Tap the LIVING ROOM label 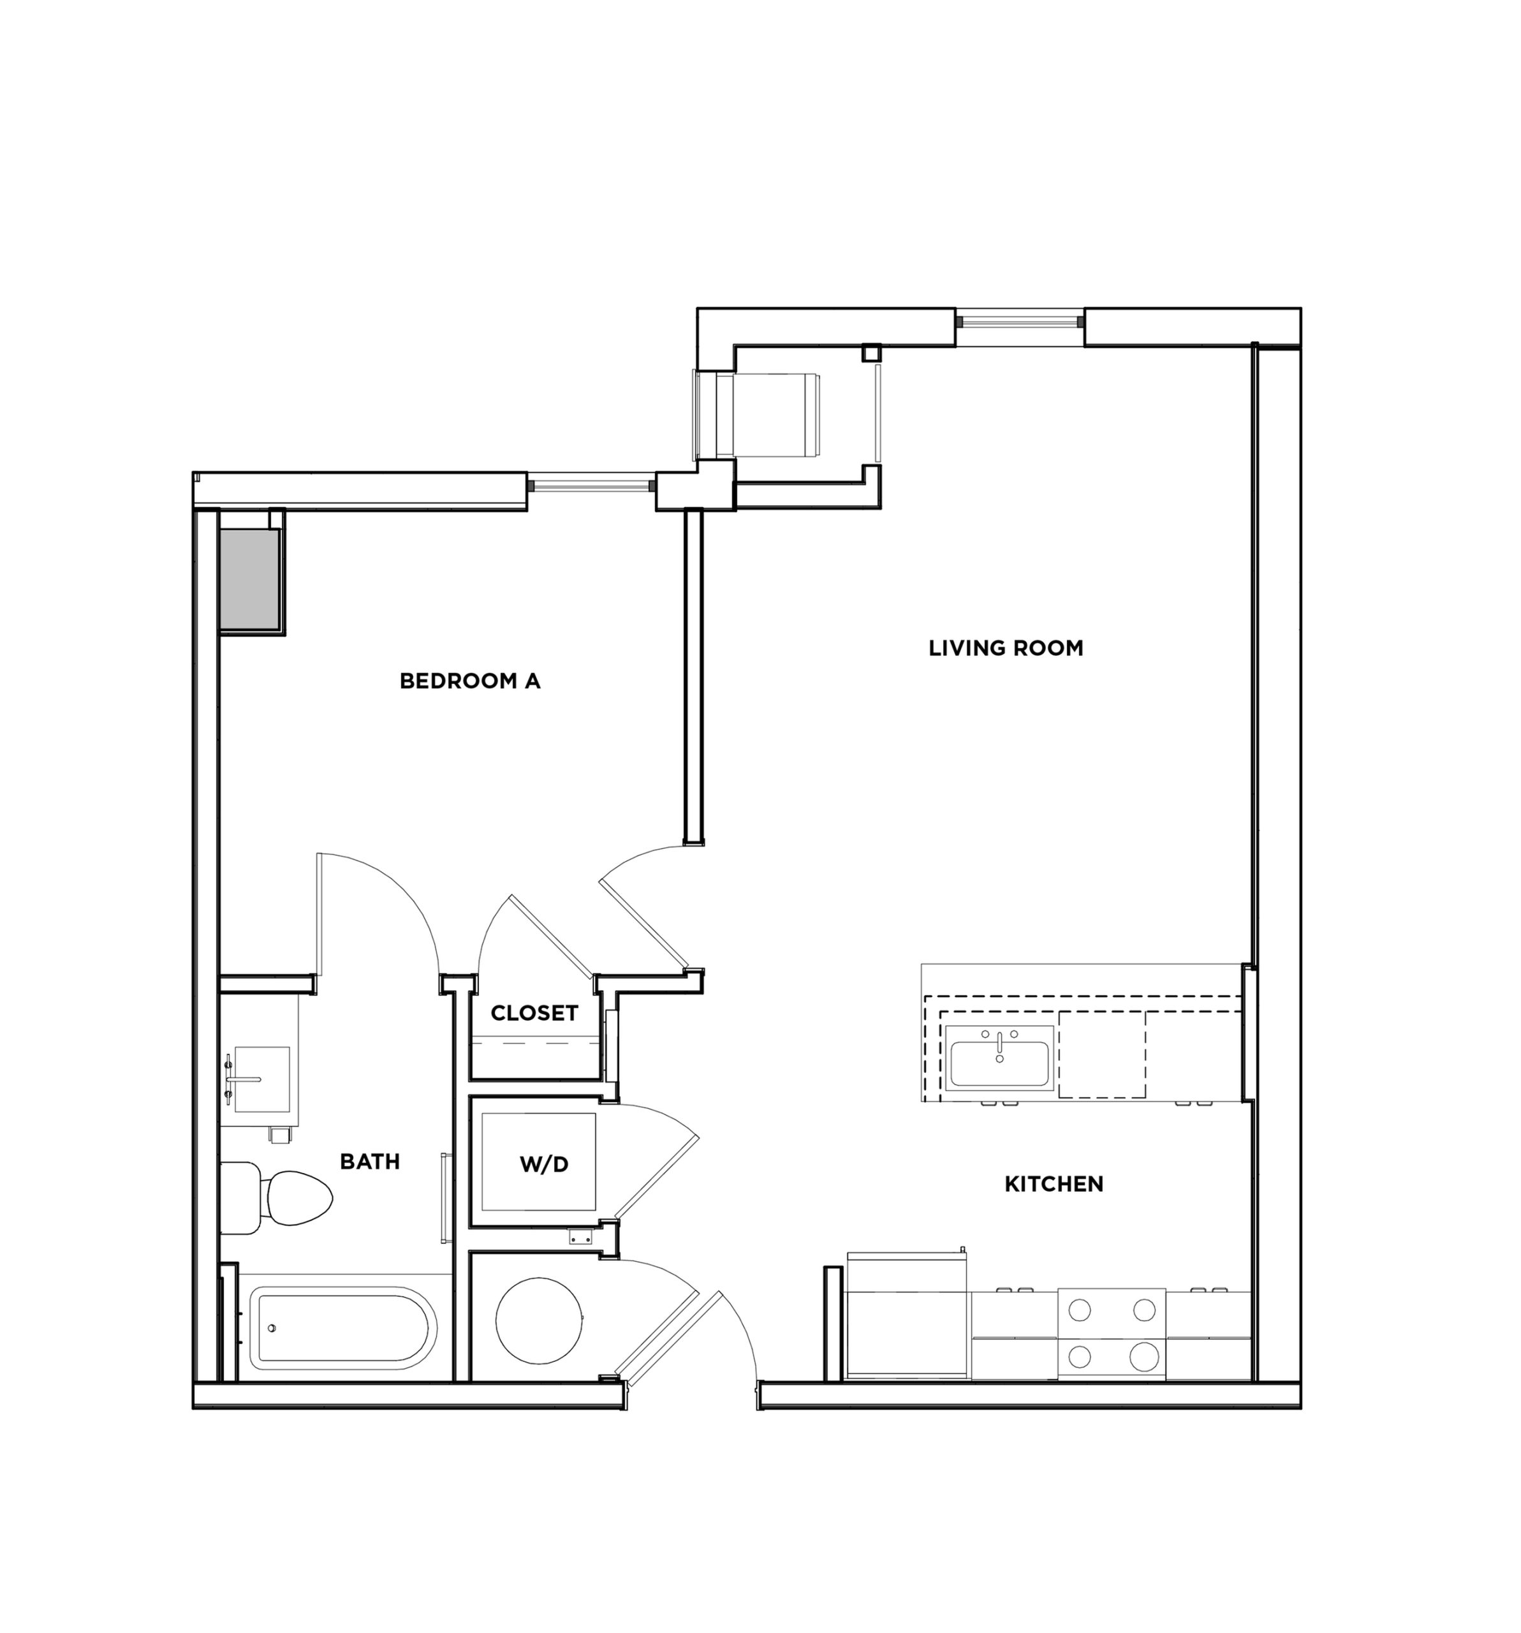(x=1005, y=648)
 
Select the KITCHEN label (x=1053, y=1184)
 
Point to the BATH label (x=370, y=1162)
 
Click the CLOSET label (x=534, y=1014)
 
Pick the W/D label (x=544, y=1164)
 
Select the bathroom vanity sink (x=261, y=1079)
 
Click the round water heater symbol (x=539, y=1320)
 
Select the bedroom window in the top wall (x=591, y=485)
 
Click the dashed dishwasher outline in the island (x=1101, y=1054)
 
